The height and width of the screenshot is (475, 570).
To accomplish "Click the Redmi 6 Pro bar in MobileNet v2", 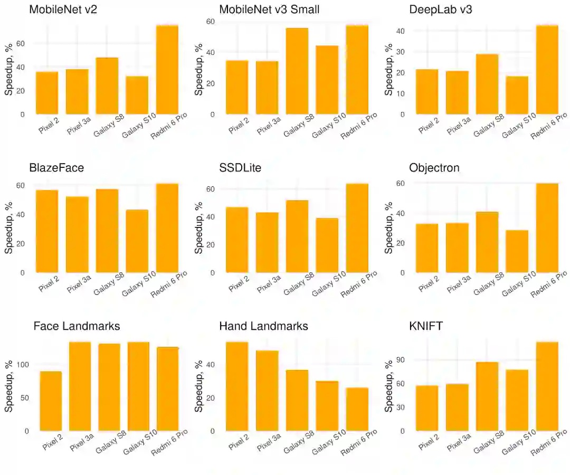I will tap(167, 70).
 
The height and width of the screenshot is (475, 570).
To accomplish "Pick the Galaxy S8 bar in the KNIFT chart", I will tap(487, 396).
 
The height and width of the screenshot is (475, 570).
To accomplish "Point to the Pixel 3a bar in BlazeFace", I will tap(77, 234).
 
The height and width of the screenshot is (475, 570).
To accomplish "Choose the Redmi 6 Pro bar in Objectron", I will tap(547, 228).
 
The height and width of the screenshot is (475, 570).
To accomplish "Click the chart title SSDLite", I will tap(240, 168).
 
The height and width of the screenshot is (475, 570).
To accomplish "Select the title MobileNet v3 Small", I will tap(269, 9).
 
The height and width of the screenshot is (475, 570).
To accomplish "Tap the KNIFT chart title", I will tap(426, 326).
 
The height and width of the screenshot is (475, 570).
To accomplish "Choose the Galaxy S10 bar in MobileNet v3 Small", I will tap(327, 80).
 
